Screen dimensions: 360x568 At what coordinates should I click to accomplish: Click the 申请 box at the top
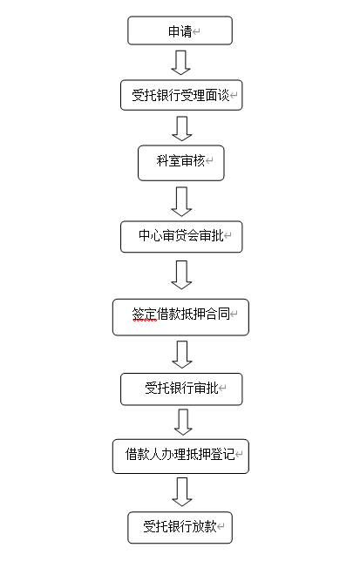[x=180, y=30]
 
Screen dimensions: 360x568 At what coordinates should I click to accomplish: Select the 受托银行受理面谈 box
[x=181, y=95]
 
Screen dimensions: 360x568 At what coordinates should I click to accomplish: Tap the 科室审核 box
[x=181, y=163]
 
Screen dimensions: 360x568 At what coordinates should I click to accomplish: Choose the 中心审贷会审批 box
[x=181, y=237]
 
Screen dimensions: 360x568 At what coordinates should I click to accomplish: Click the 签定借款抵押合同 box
[x=180, y=317]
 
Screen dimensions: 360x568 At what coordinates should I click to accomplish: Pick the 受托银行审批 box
[x=181, y=389]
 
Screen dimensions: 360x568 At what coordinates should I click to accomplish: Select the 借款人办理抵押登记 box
[x=180, y=456]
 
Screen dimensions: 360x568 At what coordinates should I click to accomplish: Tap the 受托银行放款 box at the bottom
[x=180, y=527]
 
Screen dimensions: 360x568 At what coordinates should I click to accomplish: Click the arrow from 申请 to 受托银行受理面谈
[x=181, y=63]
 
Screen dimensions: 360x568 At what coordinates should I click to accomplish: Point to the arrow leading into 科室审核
[x=181, y=129]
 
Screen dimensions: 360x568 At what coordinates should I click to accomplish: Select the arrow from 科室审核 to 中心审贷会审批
[x=181, y=201]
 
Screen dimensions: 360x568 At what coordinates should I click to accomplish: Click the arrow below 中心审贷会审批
[x=181, y=274]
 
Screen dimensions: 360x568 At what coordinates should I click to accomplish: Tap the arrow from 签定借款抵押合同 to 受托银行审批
[x=181, y=355]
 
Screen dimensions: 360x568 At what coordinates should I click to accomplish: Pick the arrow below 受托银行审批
[x=183, y=422]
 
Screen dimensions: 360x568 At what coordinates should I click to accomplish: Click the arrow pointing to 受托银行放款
[x=182, y=492]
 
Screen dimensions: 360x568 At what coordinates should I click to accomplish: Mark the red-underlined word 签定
[x=145, y=314]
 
